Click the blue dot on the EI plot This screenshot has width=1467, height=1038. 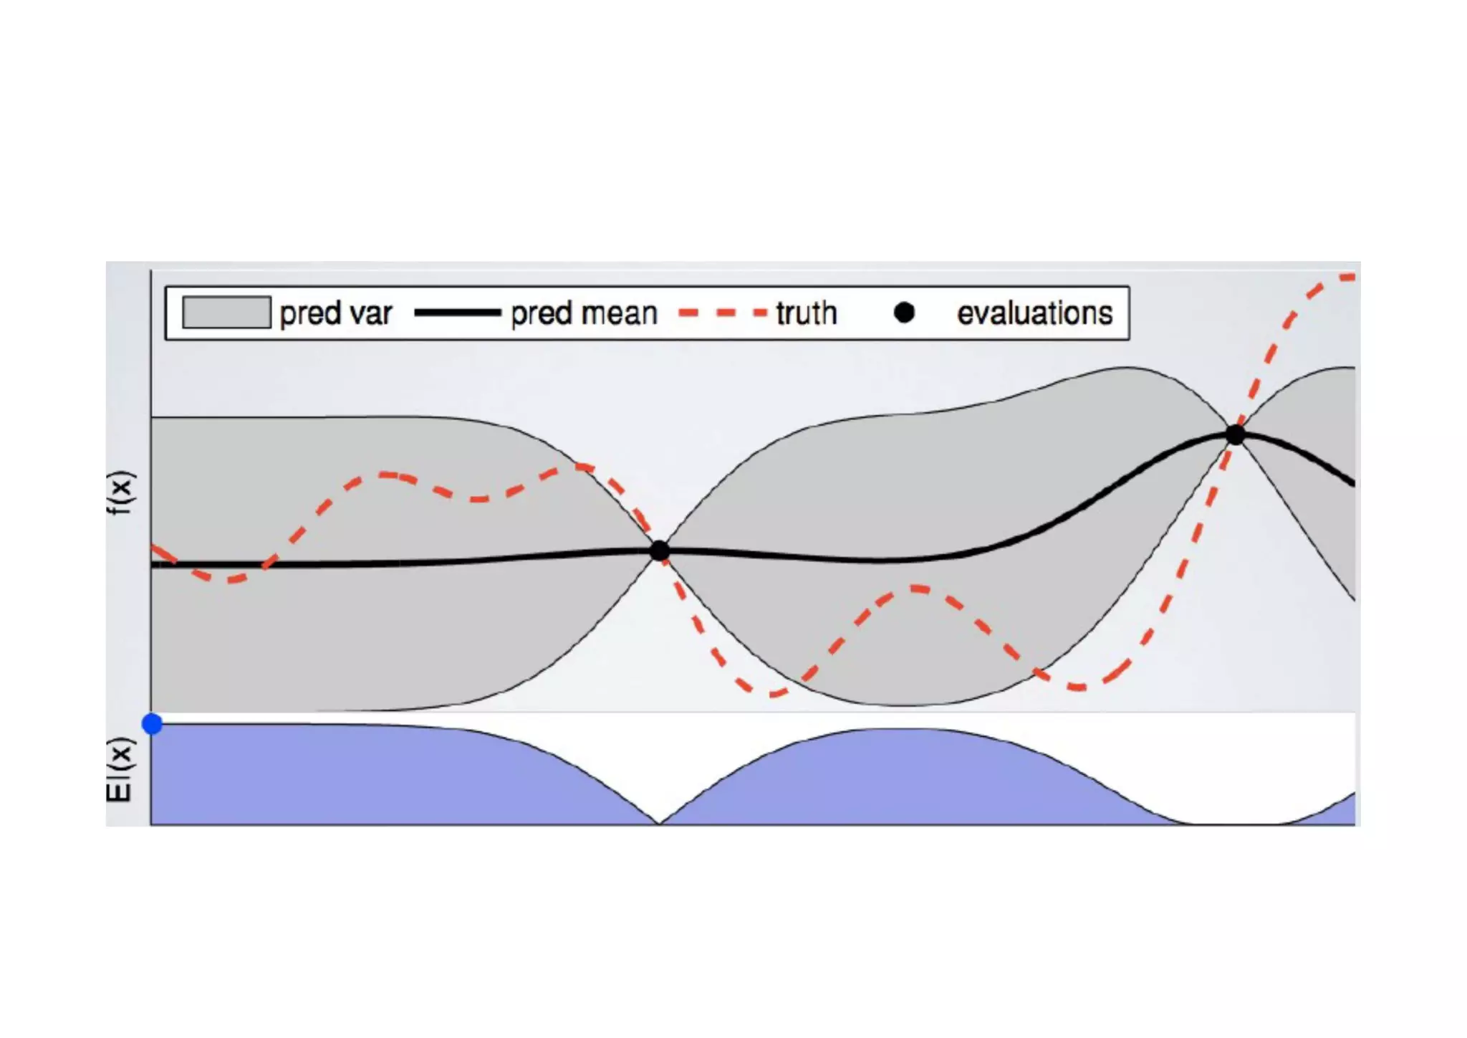[153, 724]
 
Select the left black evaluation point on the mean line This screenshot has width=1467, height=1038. [660, 551]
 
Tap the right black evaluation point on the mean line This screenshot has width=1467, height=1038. [1236, 434]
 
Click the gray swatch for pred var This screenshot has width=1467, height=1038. [226, 313]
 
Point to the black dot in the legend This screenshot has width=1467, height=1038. [905, 313]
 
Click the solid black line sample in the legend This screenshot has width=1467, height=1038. [457, 313]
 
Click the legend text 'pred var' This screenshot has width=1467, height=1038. [336, 313]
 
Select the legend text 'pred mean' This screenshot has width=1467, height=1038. [584, 313]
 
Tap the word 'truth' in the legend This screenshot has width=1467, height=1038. [807, 313]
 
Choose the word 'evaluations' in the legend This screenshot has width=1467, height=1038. [1035, 313]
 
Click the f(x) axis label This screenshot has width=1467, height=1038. [120, 492]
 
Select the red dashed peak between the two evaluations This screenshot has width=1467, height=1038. [917, 589]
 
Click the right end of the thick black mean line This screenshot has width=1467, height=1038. [1352, 484]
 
